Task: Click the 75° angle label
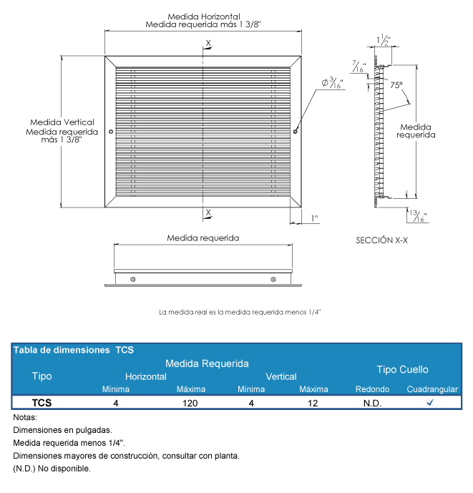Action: tap(396, 84)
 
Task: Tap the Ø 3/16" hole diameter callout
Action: tap(333, 84)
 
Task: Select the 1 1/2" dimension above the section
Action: tap(384, 41)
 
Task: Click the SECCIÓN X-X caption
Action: tap(381, 240)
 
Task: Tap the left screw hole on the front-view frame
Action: tap(109, 132)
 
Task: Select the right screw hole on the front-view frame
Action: tap(296, 132)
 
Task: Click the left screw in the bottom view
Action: tap(132, 278)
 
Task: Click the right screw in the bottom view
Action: tap(273, 278)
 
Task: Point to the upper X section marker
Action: tap(208, 44)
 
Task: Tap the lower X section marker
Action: tap(208, 212)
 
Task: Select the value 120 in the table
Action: tap(190, 403)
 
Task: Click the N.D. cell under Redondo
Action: tap(372, 403)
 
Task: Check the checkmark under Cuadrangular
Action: tap(431, 403)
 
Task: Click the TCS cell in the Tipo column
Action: tap(42, 403)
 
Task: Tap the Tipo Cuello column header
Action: tap(402, 369)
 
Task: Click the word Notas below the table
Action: tap(25, 417)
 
